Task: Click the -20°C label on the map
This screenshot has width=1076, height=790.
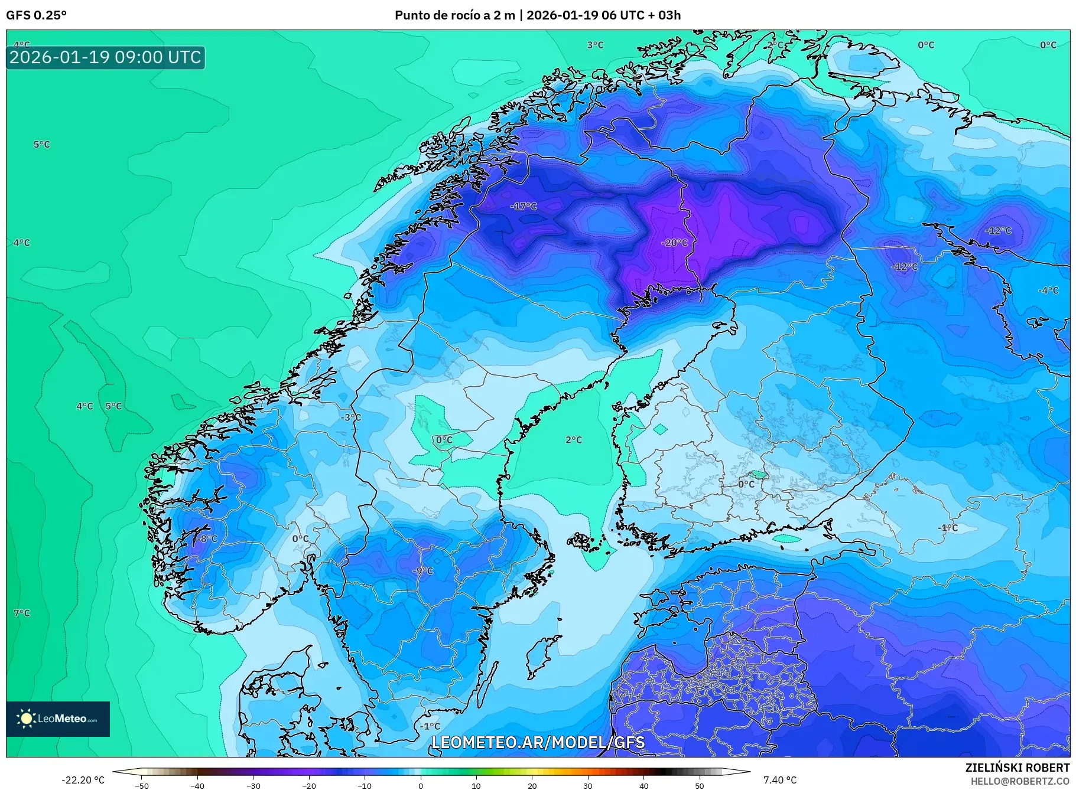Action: click(674, 243)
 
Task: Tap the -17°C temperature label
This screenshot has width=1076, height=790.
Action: click(524, 206)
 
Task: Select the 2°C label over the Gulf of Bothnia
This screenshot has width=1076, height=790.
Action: click(573, 440)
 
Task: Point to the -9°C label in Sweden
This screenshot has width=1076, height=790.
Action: click(422, 570)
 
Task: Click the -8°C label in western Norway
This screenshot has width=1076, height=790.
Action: click(207, 538)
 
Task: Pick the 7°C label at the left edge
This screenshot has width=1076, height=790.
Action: click(22, 613)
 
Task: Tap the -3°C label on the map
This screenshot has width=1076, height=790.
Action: click(350, 417)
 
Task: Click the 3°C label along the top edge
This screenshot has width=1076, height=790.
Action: click(595, 45)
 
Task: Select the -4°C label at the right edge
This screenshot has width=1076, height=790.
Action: click(1048, 290)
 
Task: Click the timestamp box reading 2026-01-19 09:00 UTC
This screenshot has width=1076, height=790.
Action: click(105, 57)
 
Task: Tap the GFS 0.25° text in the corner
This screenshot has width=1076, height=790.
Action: click(36, 15)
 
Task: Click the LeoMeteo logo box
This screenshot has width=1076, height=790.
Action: click(58, 719)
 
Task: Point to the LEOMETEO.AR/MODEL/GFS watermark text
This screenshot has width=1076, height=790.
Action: click(538, 742)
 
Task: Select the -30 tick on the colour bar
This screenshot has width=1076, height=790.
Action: click(253, 785)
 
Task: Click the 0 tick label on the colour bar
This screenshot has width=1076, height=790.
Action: click(420, 785)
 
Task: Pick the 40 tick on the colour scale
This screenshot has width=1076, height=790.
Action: click(643, 785)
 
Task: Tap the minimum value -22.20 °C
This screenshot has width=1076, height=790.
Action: click(83, 780)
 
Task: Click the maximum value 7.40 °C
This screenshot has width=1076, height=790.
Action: click(779, 780)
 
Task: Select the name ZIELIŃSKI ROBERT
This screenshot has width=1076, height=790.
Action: click(1017, 768)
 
